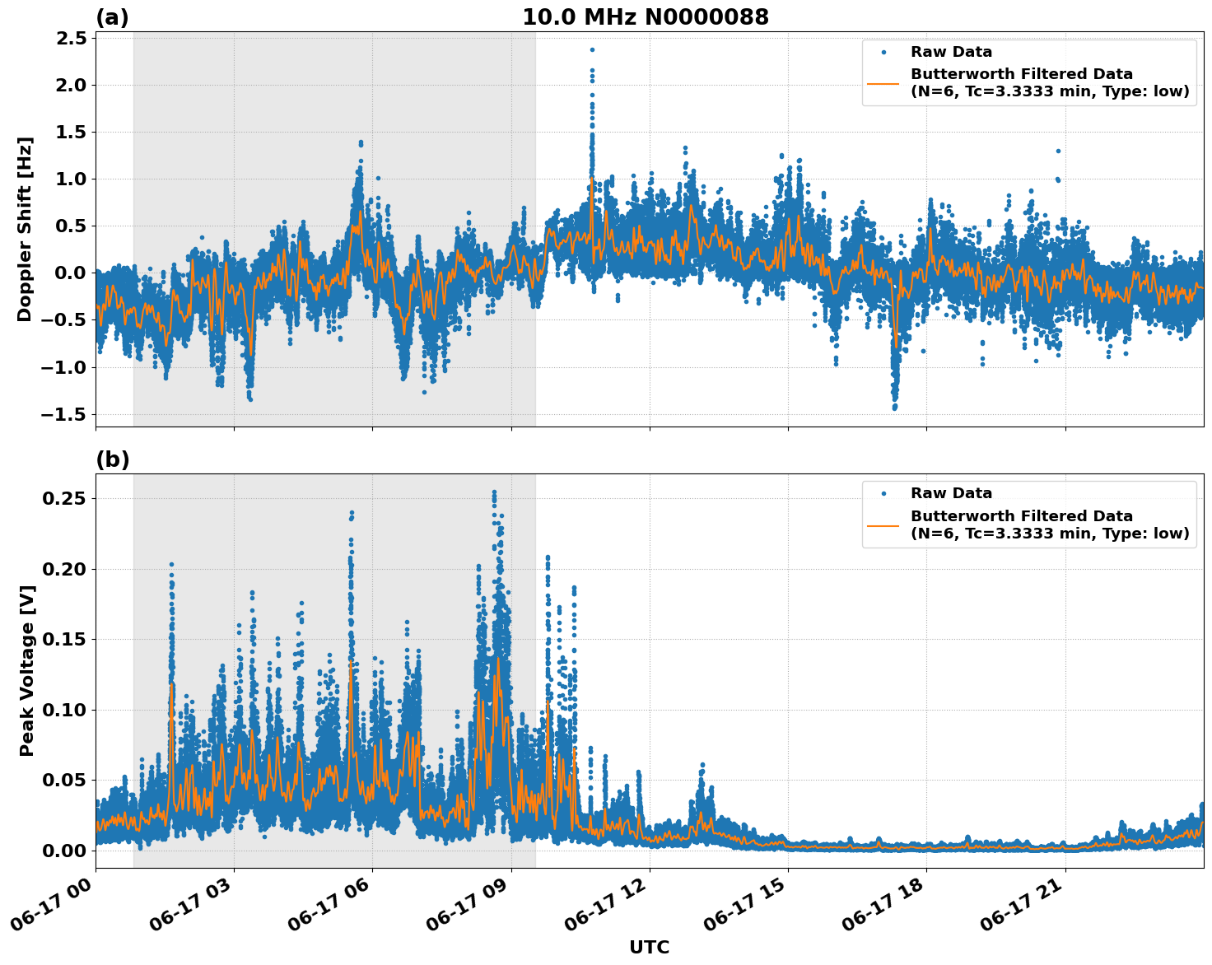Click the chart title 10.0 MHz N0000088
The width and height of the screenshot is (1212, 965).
[646, 17]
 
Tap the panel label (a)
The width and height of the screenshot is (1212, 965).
[112, 17]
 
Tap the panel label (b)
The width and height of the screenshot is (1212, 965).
[112, 459]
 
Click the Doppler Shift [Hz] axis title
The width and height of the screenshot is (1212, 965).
[25, 229]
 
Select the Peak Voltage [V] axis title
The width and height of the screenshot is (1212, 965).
[27, 671]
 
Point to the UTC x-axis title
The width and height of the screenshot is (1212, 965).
[649, 947]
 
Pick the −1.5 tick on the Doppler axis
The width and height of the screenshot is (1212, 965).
[63, 414]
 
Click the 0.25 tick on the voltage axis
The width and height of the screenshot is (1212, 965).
[64, 499]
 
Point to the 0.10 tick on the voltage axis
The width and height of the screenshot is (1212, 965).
[64, 710]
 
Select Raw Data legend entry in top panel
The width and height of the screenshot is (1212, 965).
[951, 52]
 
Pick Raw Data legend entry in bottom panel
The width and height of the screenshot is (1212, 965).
[951, 493]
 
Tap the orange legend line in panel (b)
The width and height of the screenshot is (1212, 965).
[883, 524]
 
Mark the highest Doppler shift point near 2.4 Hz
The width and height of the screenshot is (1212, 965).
[591, 49]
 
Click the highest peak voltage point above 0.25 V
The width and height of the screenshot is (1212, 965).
[494, 492]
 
